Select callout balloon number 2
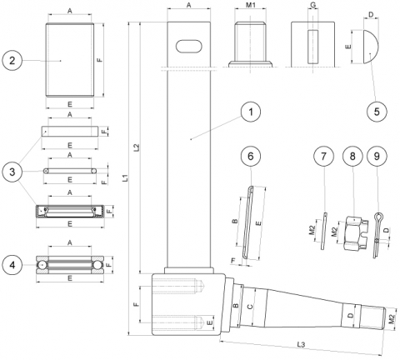coord(13,61)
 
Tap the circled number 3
coord(13,172)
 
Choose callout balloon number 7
coord(323,156)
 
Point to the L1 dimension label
coord(125,177)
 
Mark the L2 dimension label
coord(137,147)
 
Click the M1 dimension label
coord(251,5)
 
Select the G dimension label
coord(312,5)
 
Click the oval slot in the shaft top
coord(190,46)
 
